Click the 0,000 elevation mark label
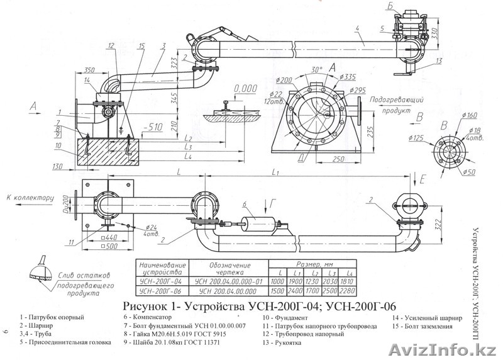(250, 89)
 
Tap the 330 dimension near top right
(434, 30)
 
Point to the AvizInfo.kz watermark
(465, 350)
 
